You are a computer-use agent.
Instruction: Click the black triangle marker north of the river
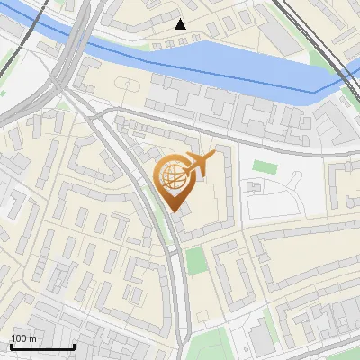coord(181,24)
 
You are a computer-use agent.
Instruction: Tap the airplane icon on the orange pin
coord(198,165)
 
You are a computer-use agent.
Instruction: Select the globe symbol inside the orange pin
coord(172,177)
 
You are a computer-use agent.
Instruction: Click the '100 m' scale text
coord(24,338)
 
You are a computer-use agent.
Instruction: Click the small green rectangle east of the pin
coord(264,166)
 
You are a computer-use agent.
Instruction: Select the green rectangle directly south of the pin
coord(196,260)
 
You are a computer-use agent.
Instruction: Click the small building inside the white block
coord(255,187)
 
